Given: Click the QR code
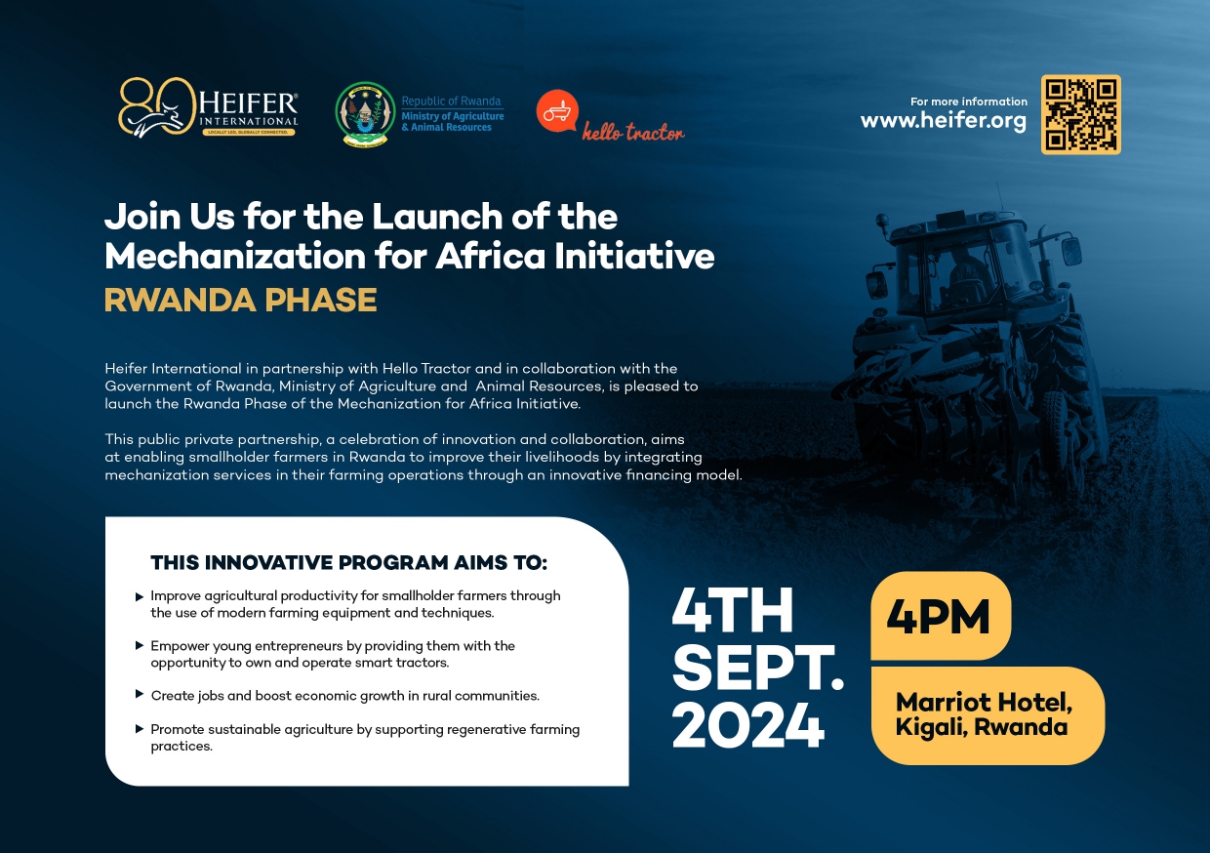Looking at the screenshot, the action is (1081, 114).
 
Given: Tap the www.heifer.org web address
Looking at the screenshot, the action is (944, 120).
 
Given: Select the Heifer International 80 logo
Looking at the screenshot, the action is (208, 107).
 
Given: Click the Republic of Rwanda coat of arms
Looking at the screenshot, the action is (365, 114).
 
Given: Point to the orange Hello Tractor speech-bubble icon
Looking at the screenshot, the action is (557, 110).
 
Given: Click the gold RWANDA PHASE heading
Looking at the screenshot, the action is (240, 300).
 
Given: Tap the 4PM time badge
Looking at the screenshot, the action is (941, 616).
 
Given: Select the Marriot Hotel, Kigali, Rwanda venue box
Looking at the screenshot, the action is (988, 715).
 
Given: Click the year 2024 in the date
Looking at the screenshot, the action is (748, 724).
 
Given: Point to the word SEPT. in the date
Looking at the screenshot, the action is (758, 668).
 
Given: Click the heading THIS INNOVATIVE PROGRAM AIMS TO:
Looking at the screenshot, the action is (349, 562).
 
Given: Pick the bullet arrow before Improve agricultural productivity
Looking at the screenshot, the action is (140, 597).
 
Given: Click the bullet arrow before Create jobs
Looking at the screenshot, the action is (140, 694).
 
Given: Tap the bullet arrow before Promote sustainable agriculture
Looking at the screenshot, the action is (140, 729).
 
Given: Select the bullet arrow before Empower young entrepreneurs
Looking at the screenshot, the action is (140, 645).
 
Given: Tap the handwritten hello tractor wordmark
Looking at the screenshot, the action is (633, 132).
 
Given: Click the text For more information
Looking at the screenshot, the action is (969, 102).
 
